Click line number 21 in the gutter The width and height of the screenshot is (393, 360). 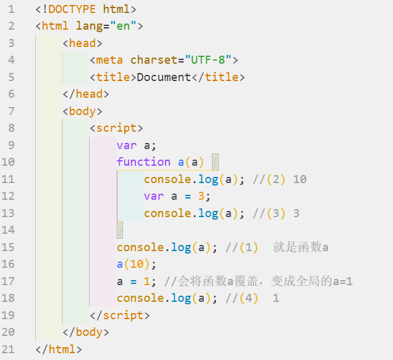click(x=11, y=349)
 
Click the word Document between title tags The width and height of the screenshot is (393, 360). click(x=164, y=77)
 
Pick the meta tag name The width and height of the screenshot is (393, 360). click(x=109, y=60)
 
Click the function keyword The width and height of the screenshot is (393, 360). click(x=143, y=162)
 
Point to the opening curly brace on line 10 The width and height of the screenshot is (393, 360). click(x=215, y=162)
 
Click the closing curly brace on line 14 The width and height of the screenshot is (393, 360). click(x=120, y=230)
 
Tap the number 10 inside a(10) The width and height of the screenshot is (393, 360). click(x=137, y=264)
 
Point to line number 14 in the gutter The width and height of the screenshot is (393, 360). click(x=11, y=230)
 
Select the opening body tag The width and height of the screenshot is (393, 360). click(x=82, y=111)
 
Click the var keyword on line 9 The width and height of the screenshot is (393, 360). click(x=127, y=145)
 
